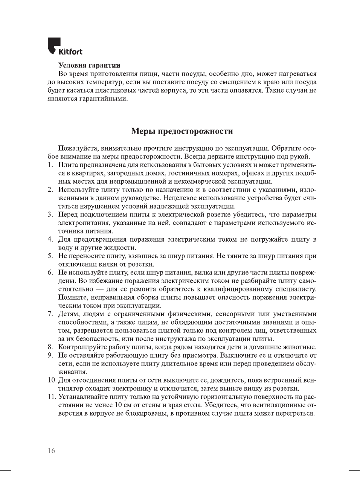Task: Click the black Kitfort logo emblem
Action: click(x=54, y=45)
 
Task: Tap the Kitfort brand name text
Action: click(x=70, y=52)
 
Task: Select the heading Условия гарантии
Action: click(x=89, y=65)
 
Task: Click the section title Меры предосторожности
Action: click(x=182, y=131)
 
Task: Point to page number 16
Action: click(x=51, y=451)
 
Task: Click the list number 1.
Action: click(x=50, y=165)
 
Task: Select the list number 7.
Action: click(x=50, y=314)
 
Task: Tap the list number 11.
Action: click(x=52, y=397)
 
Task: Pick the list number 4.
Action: click(x=50, y=239)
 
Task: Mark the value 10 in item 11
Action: click(x=118, y=405)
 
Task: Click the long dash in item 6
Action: click(x=100, y=289)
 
